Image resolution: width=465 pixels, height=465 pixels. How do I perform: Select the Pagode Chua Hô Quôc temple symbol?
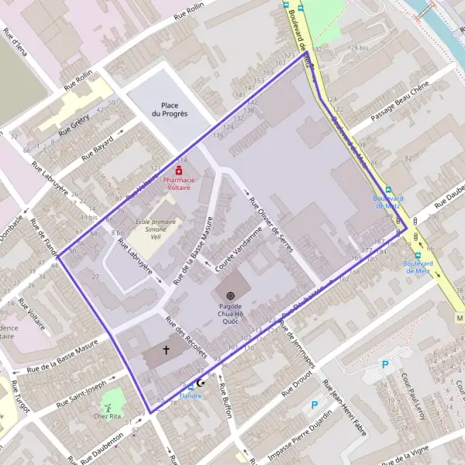coord(230,295)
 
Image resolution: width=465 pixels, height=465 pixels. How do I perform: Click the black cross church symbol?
coord(166,350)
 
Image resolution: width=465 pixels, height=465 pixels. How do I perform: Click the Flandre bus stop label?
coord(190,395)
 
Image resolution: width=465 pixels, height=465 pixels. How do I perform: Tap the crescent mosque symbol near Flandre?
coord(204,384)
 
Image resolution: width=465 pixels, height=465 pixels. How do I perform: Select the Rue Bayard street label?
coord(98,147)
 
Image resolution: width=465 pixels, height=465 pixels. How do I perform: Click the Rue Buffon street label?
coord(227,401)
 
